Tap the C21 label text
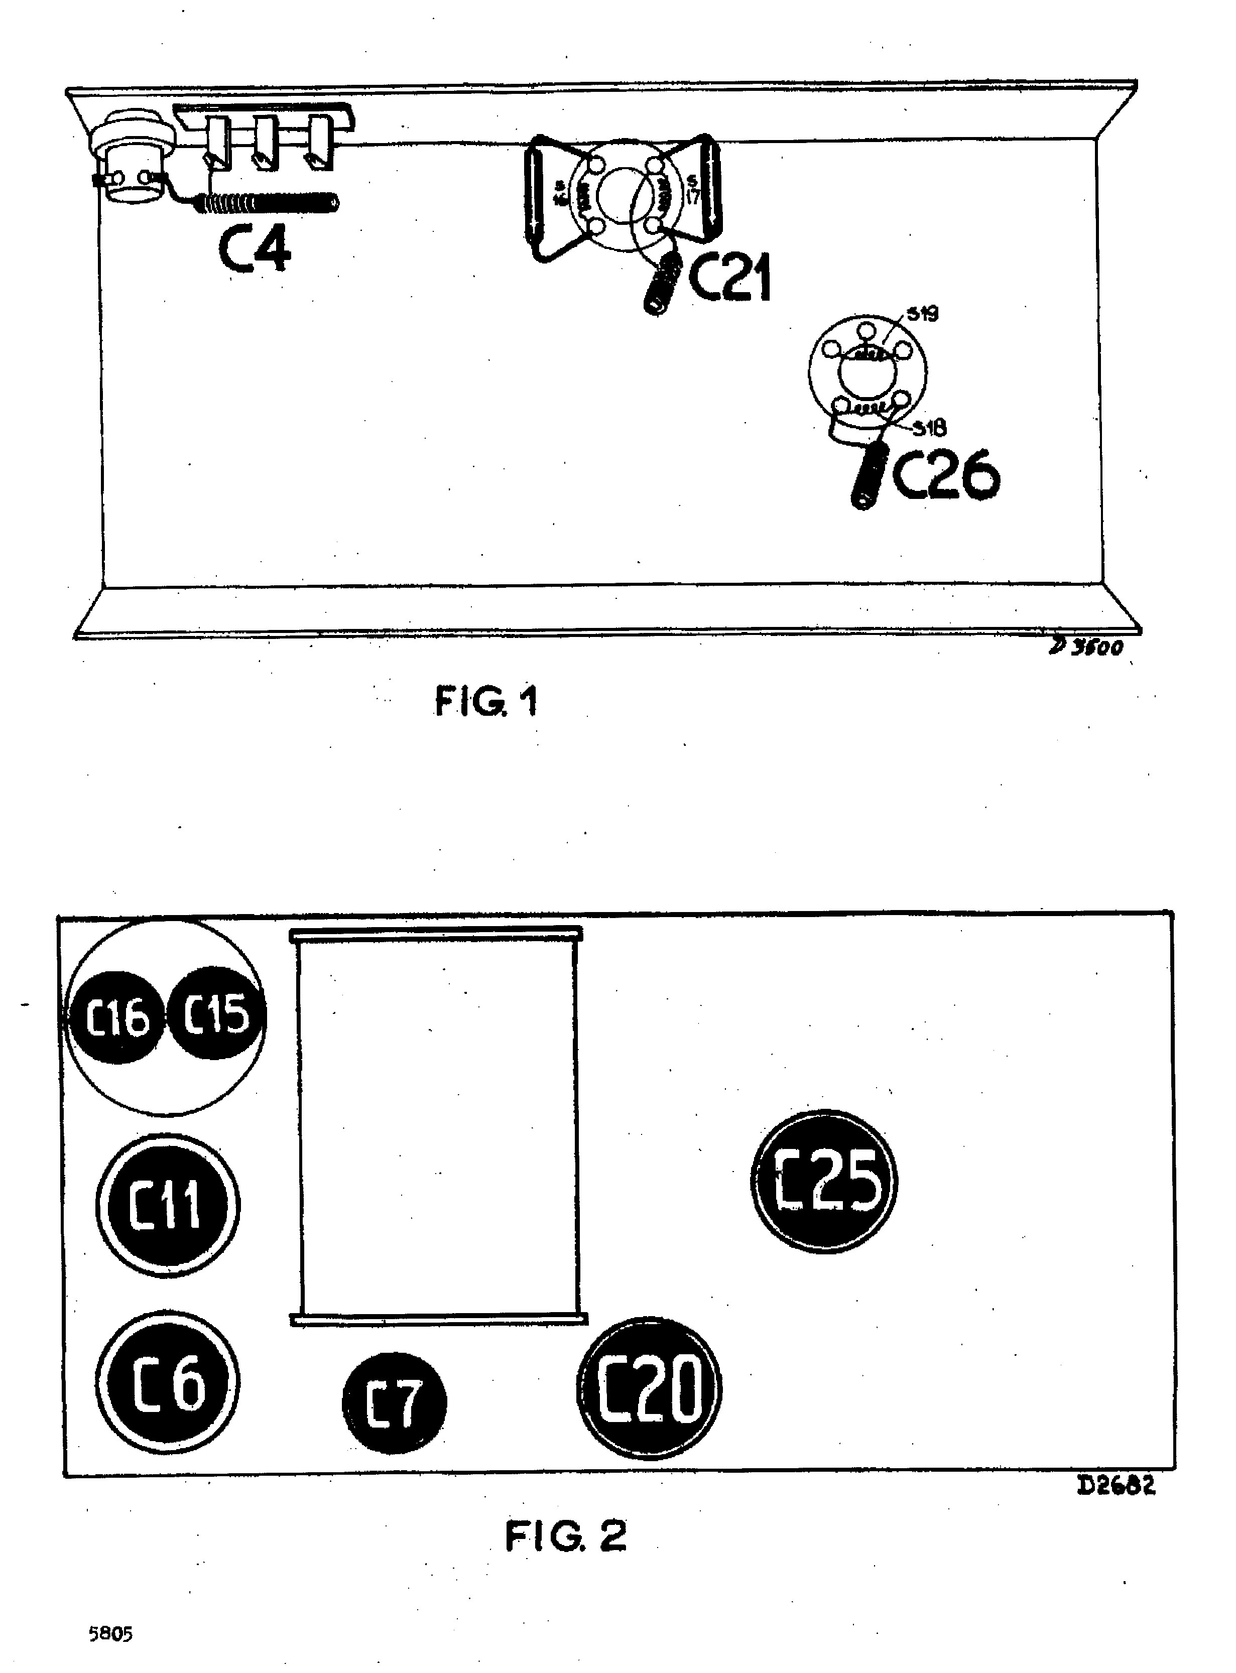(x=729, y=278)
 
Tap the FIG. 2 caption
(x=566, y=1537)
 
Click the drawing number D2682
(x=1116, y=1486)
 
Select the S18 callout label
(x=930, y=428)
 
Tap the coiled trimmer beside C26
(x=870, y=476)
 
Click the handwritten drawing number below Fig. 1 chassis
(x=1086, y=647)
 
